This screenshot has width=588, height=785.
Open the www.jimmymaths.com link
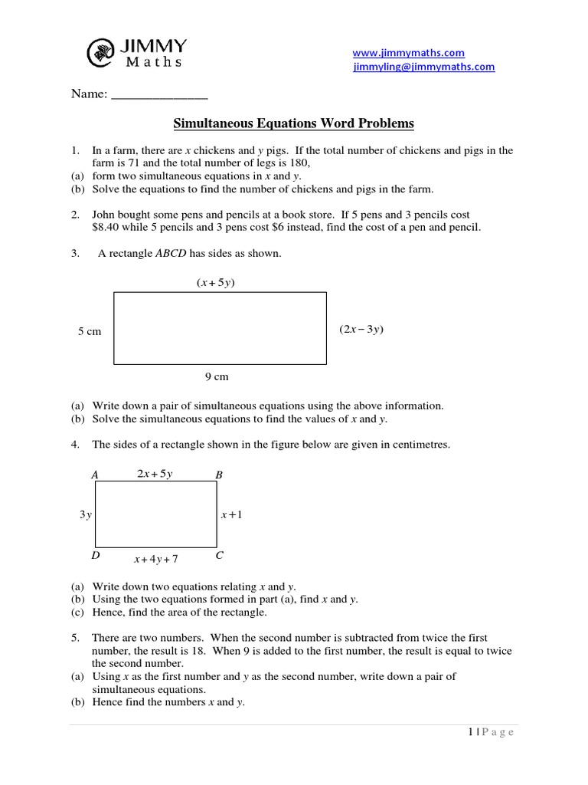click(408, 52)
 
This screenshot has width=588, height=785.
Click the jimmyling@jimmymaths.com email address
click(423, 67)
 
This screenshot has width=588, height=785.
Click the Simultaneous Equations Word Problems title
click(293, 123)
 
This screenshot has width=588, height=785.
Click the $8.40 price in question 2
click(107, 228)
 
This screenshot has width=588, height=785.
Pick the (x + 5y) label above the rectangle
click(215, 283)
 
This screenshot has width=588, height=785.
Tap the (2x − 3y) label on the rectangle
click(361, 330)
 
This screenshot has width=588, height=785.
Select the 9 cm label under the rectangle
click(217, 376)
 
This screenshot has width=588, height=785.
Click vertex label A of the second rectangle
click(95, 475)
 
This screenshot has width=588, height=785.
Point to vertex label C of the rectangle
click(220, 555)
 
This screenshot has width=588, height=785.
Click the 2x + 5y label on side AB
click(155, 474)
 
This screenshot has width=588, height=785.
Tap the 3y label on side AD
click(85, 515)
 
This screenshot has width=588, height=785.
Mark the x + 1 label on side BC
click(231, 515)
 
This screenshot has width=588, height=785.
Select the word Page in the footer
click(497, 733)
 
